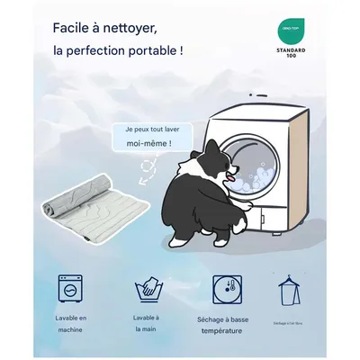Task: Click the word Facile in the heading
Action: pos(74,28)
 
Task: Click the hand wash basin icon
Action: pos(146,290)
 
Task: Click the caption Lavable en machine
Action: pos(70,324)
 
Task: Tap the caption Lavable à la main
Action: pos(146,324)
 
